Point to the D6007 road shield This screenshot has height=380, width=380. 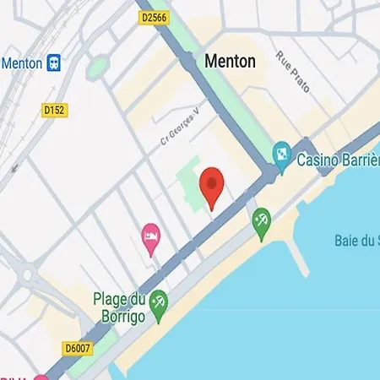[x=78, y=347]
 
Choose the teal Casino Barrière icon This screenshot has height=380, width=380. [x=281, y=154]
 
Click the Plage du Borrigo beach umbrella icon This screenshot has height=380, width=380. [x=158, y=301]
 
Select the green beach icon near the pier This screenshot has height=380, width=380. [x=262, y=221]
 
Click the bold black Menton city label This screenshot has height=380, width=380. [x=230, y=62]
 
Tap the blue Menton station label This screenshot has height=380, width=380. [x=22, y=63]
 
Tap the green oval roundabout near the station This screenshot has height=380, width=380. [x=98, y=66]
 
